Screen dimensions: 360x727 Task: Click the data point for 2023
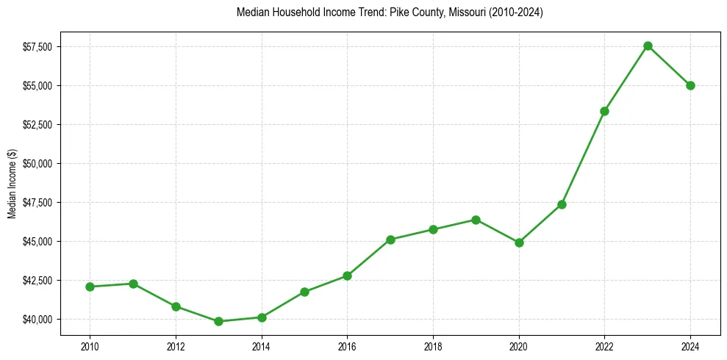coord(648,46)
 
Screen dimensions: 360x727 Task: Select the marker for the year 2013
coord(218,321)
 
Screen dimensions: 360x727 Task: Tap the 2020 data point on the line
coord(519,242)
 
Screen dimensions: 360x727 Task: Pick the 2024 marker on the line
coord(691,85)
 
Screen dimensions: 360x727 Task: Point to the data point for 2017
coord(390,240)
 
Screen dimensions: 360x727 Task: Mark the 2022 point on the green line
coord(605,111)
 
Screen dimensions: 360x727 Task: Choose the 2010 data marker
coord(90,287)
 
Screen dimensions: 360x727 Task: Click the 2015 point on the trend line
coord(304,292)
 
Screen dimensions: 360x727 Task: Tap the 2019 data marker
coord(476,220)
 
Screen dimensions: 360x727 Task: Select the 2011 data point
coord(133,284)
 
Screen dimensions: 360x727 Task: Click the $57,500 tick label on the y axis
coord(37,47)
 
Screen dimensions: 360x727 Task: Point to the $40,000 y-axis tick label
coord(37,319)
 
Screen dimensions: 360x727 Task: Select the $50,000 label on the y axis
coord(37,163)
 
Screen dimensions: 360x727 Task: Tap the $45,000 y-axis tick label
coord(37,241)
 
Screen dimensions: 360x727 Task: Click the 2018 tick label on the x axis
coord(433,346)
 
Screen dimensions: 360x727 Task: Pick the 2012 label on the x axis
coord(176,346)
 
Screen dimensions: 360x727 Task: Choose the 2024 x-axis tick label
coord(691,346)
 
